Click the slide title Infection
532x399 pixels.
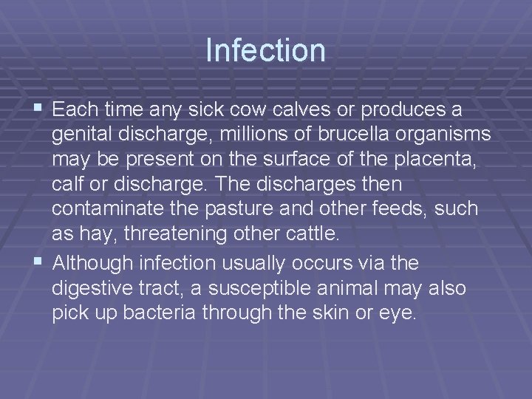tap(266, 50)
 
